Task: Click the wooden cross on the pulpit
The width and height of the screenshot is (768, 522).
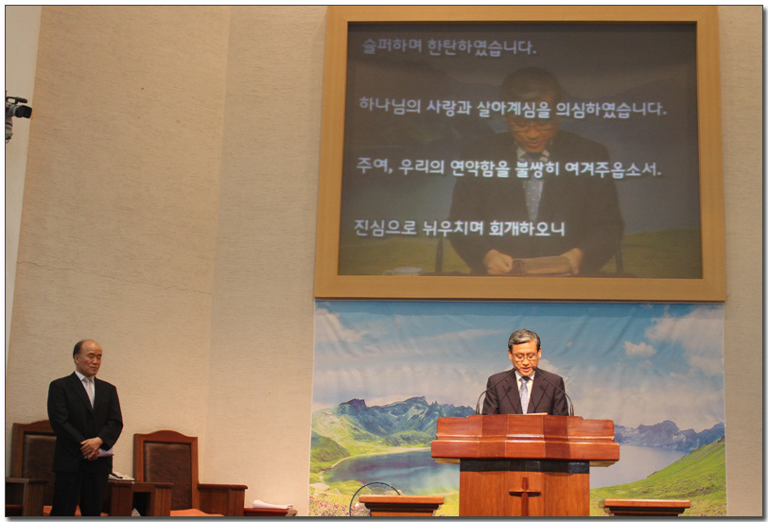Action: pyautogui.click(x=524, y=496)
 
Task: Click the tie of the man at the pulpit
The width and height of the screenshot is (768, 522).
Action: pyautogui.click(x=524, y=393)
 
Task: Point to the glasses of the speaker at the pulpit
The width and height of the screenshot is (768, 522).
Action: pyautogui.click(x=525, y=357)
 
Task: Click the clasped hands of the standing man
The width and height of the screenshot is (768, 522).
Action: pyautogui.click(x=92, y=447)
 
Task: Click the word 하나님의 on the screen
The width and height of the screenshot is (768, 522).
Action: pyautogui.click(x=390, y=106)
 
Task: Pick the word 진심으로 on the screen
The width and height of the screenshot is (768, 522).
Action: pyautogui.click(x=385, y=227)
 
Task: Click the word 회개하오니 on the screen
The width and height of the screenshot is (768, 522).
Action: pyautogui.click(x=527, y=228)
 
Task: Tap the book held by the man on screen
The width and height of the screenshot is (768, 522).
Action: pyautogui.click(x=542, y=265)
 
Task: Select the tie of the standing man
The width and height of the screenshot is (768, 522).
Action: pyautogui.click(x=90, y=391)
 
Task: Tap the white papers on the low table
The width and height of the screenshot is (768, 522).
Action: pyautogui.click(x=271, y=504)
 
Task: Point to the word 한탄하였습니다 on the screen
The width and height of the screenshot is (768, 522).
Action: pyautogui.click(x=482, y=47)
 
